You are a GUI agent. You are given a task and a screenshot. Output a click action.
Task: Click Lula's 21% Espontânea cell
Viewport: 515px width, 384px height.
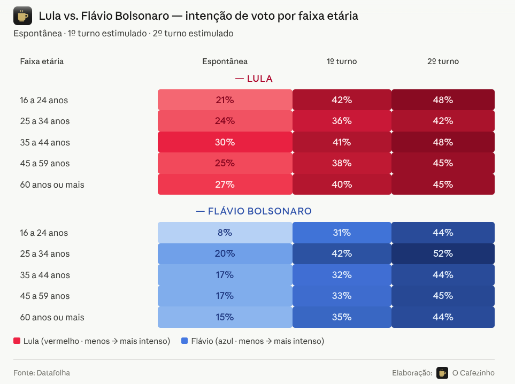point(225,100)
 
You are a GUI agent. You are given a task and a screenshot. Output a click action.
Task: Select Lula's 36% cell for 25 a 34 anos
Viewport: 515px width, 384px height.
point(342,121)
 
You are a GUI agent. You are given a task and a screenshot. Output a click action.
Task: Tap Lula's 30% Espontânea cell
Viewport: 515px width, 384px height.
point(225,142)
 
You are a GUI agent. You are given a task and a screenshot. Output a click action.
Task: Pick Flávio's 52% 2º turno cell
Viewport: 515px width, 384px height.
point(443,254)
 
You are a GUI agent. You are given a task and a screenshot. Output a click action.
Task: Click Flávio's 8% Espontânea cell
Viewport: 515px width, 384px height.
point(225,233)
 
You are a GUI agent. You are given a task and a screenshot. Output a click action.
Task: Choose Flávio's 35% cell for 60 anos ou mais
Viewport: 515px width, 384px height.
point(342,317)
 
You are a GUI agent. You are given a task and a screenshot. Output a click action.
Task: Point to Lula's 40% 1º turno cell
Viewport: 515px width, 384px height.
point(342,185)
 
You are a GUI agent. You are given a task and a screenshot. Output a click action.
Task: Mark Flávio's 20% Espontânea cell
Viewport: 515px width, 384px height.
point(225,254)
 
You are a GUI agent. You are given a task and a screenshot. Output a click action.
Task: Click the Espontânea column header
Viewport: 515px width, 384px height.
point(225,62)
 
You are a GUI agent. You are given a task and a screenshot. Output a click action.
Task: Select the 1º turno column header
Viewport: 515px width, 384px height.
point(342,62)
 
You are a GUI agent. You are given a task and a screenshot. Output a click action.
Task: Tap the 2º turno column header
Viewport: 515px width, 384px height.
point(443,62)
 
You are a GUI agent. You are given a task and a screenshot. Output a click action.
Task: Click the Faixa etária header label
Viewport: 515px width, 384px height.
point(42,62)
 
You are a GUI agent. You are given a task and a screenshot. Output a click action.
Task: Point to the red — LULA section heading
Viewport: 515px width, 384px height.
point(254,79)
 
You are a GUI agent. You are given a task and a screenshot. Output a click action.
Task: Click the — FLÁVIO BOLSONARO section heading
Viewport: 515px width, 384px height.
point(254,211)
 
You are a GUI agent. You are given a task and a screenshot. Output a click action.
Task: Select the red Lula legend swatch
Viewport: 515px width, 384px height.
point(17,341)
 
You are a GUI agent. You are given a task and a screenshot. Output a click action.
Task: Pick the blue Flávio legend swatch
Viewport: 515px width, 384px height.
point(185,341)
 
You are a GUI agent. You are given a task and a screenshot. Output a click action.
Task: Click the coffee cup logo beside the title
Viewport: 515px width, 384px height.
point(22,17)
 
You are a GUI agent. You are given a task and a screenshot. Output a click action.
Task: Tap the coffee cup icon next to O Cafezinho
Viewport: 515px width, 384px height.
point(442,373)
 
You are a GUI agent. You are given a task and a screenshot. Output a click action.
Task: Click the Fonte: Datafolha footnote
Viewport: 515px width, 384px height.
point(42,373)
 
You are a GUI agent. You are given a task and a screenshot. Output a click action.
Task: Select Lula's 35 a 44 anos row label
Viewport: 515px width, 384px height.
point(45,142)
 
